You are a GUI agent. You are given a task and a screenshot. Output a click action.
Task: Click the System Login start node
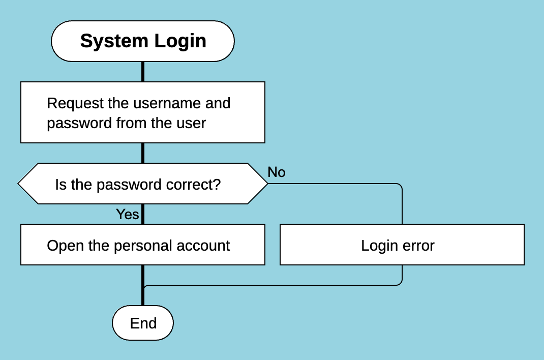[143, 41]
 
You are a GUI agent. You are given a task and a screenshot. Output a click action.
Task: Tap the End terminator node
[143, 323]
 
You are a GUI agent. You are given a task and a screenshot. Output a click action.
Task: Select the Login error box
[402, 245]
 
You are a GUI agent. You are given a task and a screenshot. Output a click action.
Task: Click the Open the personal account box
[143, 245]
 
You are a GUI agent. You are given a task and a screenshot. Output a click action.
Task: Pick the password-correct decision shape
[143, 184]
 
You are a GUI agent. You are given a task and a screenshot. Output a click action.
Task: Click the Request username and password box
[143, 112]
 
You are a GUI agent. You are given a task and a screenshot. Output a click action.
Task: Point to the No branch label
[277, 172]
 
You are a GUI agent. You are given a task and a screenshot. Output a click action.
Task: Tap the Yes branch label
[127, 214]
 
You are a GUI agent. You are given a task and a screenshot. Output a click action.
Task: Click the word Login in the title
[180, 41]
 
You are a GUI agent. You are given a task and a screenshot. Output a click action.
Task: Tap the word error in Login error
[419, 246]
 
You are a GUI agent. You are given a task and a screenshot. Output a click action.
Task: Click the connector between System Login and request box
[143, 72]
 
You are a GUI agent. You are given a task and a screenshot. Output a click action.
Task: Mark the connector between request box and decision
[143, 153]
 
